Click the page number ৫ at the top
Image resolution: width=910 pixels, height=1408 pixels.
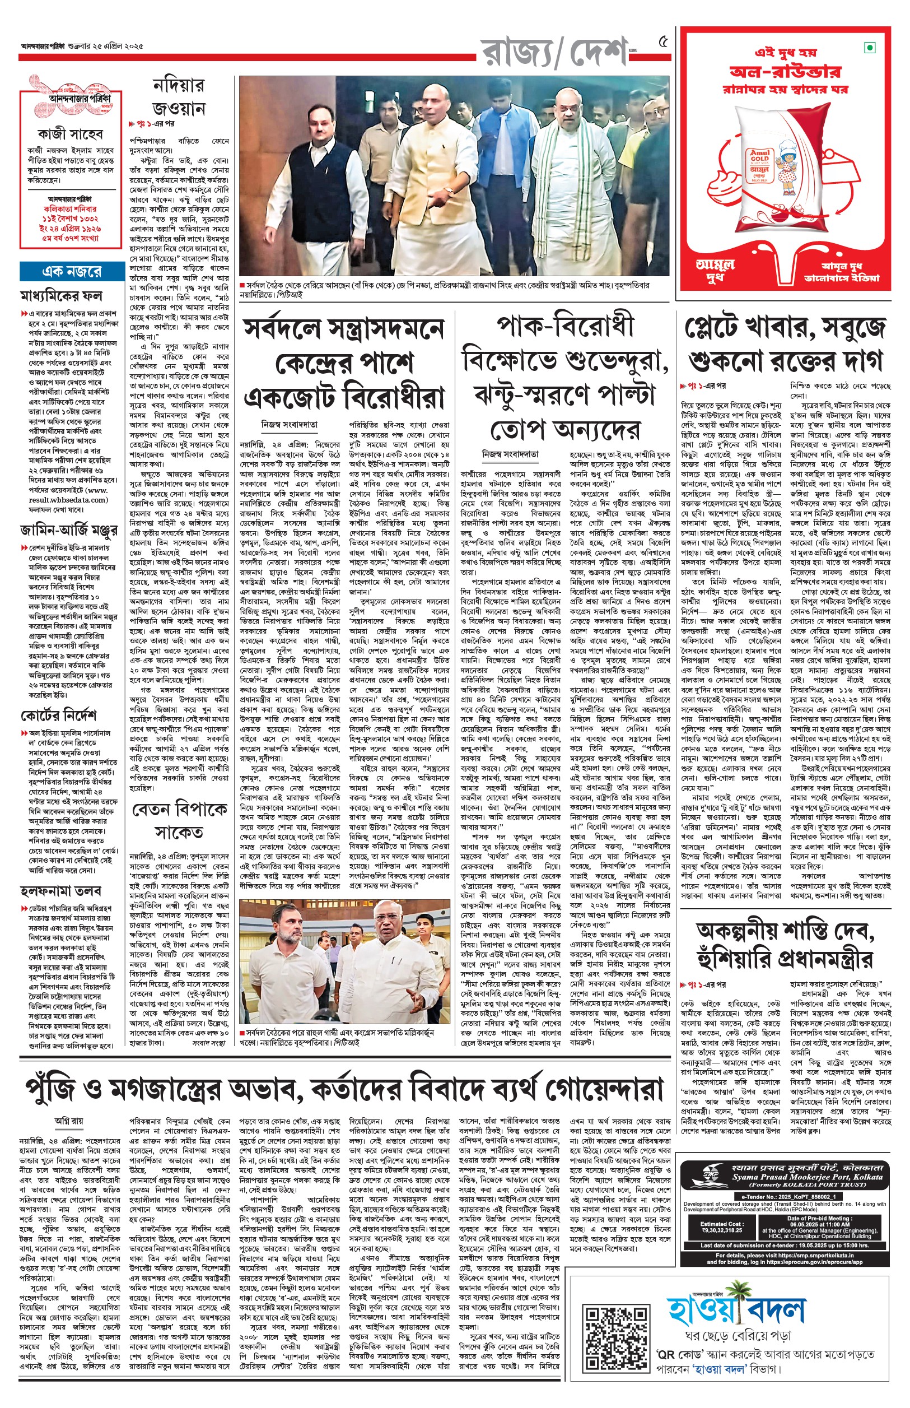coord(663,42)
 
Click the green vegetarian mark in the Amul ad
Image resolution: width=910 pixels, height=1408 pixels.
coord(869,47)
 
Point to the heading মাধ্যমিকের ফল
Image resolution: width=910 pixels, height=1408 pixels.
coord(62,295)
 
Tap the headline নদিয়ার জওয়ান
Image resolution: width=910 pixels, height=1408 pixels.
coord(179,97)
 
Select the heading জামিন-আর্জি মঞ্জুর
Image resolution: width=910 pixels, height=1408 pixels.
coord(68,529)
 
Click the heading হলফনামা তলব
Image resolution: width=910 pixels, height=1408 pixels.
coord(61,890)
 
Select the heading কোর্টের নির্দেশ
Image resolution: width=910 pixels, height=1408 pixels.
coord(58,716)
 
